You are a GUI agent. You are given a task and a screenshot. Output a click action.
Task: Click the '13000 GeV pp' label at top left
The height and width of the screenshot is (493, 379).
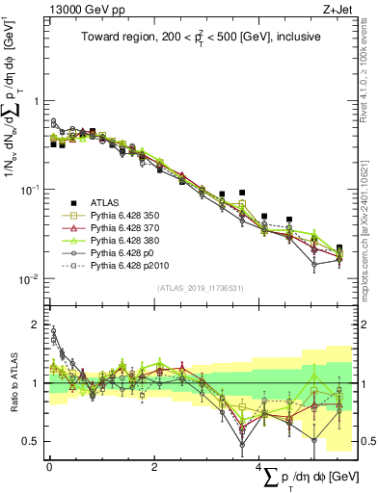(84, 10)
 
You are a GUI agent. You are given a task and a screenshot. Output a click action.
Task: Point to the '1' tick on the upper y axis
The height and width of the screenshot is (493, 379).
(37, 101)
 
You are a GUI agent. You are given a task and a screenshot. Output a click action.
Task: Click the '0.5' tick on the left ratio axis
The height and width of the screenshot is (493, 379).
(32, 441)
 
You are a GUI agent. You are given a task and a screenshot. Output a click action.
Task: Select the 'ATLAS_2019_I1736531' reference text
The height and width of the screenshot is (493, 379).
(201, 288)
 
